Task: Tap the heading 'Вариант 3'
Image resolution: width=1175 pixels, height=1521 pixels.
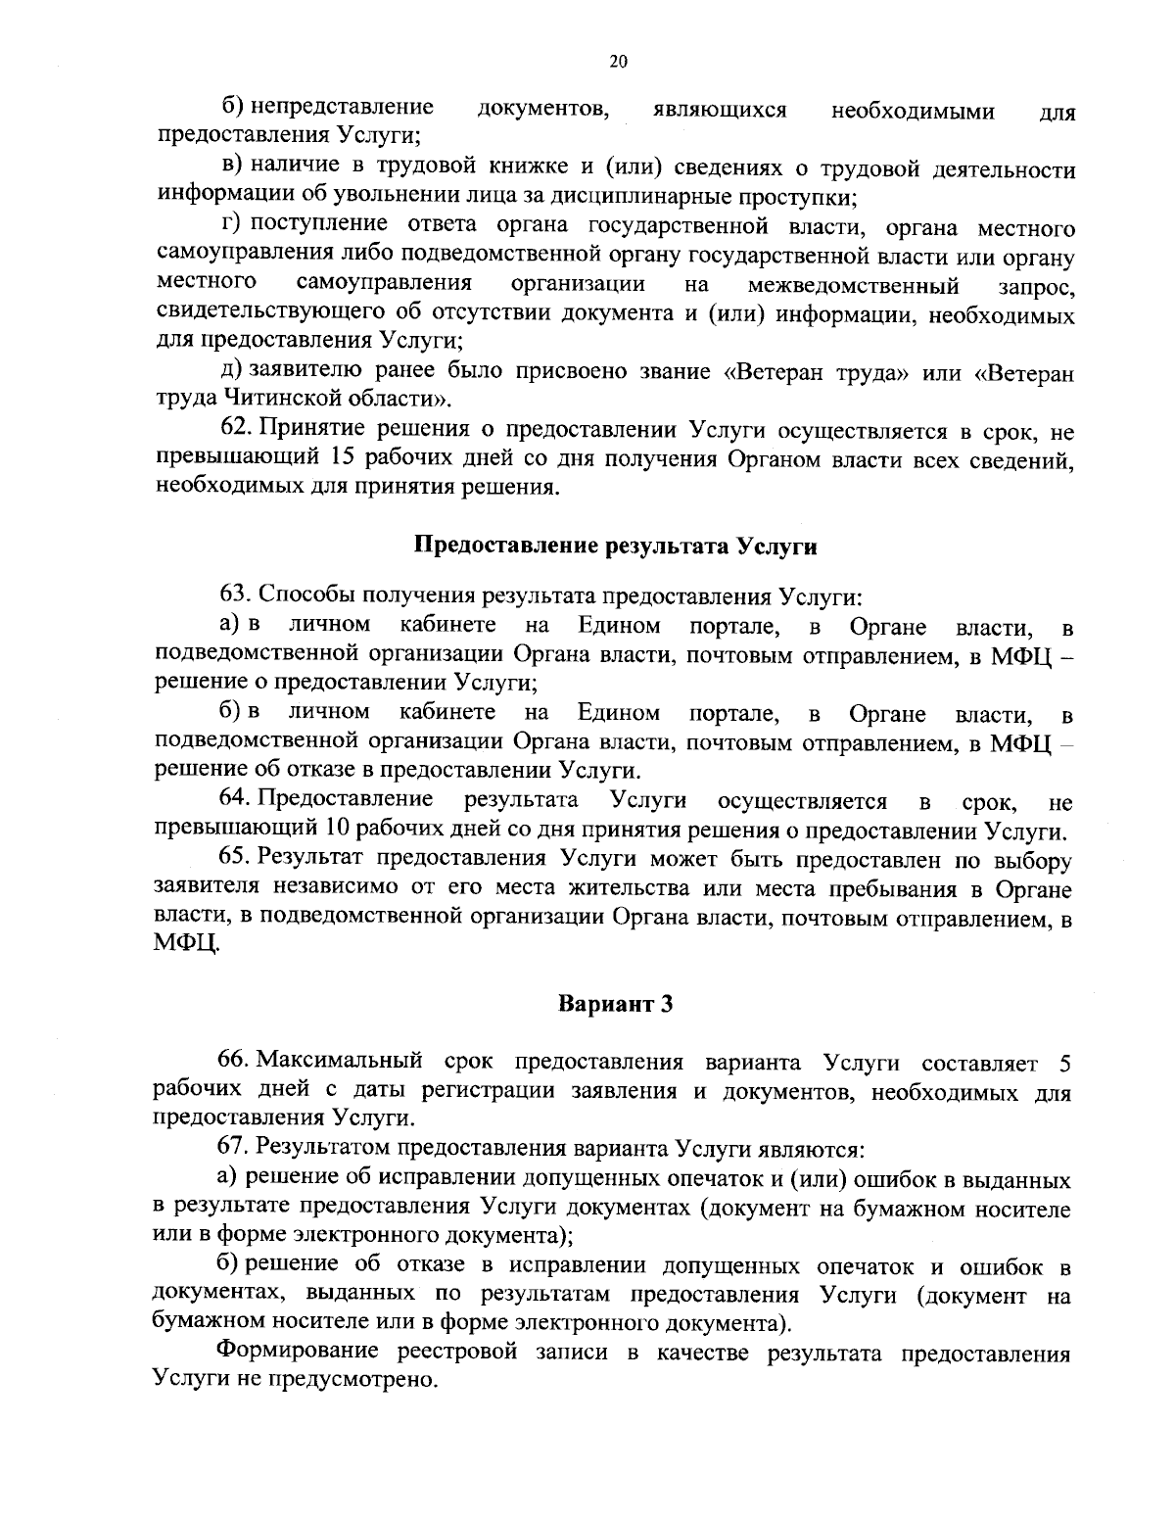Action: tap(615, 1004)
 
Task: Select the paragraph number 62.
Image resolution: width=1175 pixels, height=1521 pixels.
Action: tap(238, 429)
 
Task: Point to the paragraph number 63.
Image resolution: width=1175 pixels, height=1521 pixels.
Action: tap(237, 595)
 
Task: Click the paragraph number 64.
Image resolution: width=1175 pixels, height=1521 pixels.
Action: tap(237, 801)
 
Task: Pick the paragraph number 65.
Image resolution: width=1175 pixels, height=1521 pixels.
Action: tap(237, 860)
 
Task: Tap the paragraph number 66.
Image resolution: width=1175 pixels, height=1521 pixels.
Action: tap(237, 1062)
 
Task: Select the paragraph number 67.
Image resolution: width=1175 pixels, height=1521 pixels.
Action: tap(237, 1147)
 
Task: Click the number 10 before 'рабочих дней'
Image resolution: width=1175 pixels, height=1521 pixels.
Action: tap(338, 831)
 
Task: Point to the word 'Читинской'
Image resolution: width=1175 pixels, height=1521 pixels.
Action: tap(280, 399)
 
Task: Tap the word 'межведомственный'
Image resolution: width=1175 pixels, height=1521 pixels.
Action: tap(852, 286)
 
